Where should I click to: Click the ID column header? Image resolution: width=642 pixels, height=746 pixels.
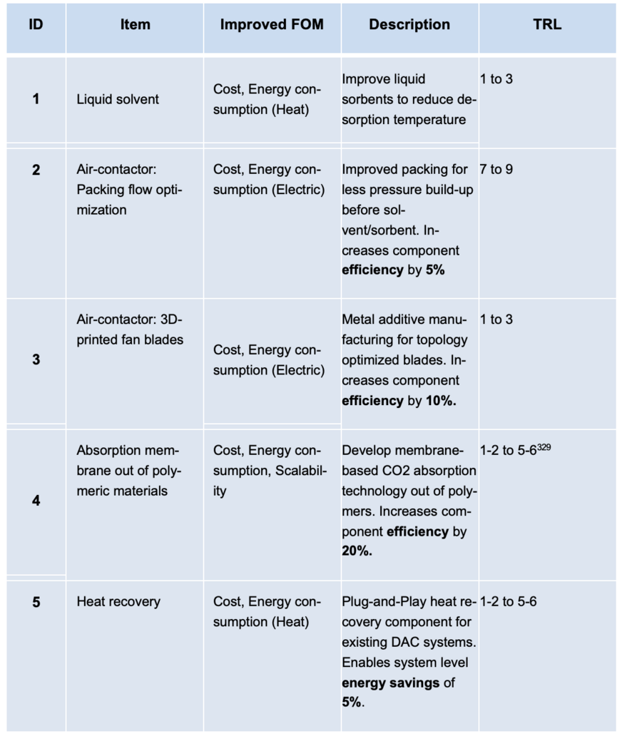click(x=36, y=24)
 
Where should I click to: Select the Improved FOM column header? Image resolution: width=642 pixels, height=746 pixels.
click(x=271, y=24)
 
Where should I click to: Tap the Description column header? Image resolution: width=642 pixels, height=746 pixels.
click(x=409, y=24)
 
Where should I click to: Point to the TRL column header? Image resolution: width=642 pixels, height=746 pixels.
click(x=547, y=24)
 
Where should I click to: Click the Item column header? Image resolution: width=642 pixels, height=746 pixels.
click(x=135, y=24)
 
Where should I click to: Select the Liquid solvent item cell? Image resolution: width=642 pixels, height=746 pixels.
click(x=118, y=99)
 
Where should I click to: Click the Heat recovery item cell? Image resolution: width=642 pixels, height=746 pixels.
click(x=118, y=602)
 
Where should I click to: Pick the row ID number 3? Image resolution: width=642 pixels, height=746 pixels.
click(x=36, y=359)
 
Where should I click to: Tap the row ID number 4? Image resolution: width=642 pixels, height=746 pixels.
click(x=36, y=501)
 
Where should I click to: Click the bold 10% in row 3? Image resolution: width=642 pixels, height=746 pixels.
click(x=441, y=401)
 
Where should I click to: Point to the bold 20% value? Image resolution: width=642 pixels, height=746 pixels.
click(x=357, y=551)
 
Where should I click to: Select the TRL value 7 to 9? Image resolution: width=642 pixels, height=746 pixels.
click(x=496, y=170)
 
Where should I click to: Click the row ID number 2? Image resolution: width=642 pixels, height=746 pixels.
click(x=36, y=170)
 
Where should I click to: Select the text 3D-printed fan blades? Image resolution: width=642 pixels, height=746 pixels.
click(x=130, y=329)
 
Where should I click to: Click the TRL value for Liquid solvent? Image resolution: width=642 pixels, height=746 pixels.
click(x=496, y=79)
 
